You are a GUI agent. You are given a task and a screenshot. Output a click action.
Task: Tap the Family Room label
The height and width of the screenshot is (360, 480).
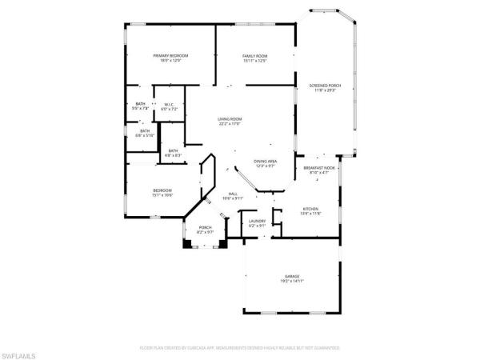(254, 56)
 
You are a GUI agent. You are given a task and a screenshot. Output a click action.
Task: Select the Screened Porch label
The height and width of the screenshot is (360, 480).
(325, 86)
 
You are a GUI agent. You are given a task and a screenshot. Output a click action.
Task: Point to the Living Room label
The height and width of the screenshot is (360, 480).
(230, 119)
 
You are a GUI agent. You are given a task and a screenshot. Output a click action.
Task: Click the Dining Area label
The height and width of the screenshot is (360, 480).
(266, 162)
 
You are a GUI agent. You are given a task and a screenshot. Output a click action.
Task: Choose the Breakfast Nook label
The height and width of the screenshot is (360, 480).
(318, 167)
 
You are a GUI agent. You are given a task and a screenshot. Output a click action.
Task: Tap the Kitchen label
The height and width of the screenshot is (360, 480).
(310, 210)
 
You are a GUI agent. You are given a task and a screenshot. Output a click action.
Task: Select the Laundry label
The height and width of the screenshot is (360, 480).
(257, 221)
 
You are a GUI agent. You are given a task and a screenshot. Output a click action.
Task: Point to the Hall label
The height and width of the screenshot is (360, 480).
(234, 194)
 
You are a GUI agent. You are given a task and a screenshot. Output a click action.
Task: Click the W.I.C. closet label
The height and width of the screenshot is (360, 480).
(170, 104)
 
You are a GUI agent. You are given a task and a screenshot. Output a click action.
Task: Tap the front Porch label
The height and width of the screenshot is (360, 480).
(204, 228)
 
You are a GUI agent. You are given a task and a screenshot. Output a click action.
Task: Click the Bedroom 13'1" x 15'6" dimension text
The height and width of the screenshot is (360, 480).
(162, 196)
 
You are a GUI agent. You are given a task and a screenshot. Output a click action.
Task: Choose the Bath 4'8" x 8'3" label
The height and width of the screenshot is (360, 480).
(174, 153)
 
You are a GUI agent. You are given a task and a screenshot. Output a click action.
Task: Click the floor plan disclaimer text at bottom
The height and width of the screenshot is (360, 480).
(240, 349)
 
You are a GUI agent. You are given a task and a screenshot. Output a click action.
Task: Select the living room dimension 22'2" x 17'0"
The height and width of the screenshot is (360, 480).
(230, 124)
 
